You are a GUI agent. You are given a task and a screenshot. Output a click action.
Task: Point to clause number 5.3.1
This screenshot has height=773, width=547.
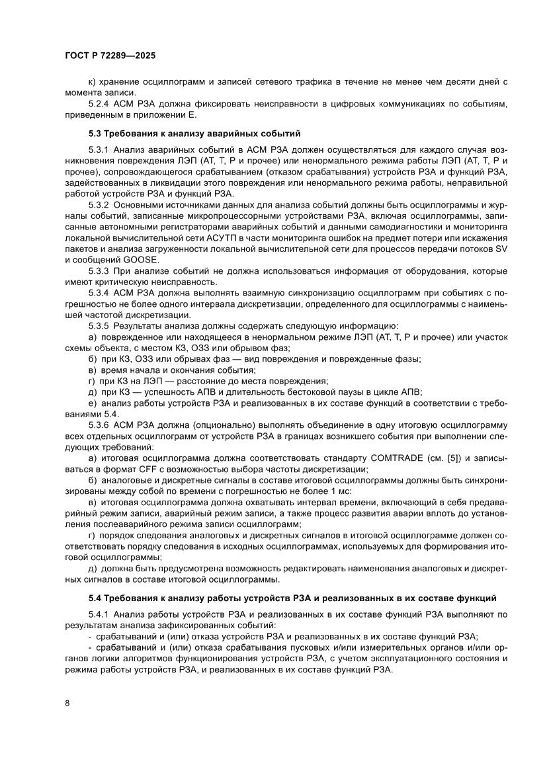coord(100,151)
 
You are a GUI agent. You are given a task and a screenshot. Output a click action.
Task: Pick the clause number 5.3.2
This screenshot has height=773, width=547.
coord(100,206)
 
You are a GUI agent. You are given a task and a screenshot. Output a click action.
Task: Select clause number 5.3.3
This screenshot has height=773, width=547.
coord(100,271)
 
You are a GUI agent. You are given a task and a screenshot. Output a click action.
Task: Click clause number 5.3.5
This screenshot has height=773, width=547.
coord(100,325)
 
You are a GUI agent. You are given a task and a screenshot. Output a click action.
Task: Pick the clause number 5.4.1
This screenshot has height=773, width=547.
coord(100,615)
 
